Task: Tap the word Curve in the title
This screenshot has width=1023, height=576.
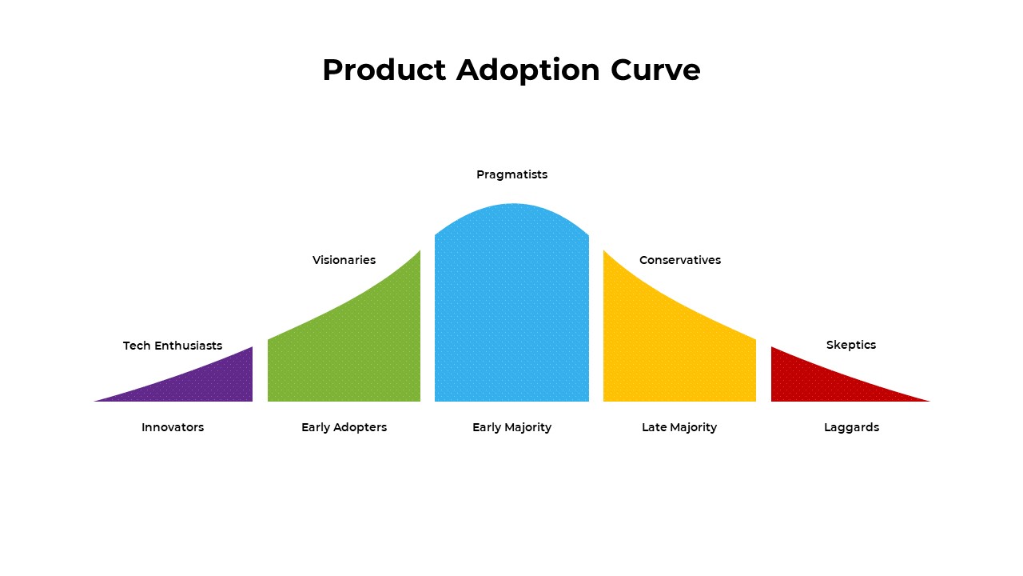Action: coord(655,70)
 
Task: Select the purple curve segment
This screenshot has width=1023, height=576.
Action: coord(216,382)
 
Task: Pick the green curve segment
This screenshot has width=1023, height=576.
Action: coord(352,344)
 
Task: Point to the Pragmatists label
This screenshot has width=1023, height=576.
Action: coord(511,174)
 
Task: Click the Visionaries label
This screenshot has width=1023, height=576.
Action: coord(344,260)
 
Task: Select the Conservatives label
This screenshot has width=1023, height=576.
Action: coord(680,260)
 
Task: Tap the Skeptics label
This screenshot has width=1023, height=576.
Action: coord(851,345)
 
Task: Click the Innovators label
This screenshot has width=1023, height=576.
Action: coord(173,427)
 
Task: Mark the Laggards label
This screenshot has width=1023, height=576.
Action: coord(851,427)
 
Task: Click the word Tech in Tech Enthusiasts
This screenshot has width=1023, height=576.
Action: coord(136,346)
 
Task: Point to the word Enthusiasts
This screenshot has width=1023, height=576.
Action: coord(188,346)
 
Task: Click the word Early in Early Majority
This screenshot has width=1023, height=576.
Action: coord(487,427)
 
